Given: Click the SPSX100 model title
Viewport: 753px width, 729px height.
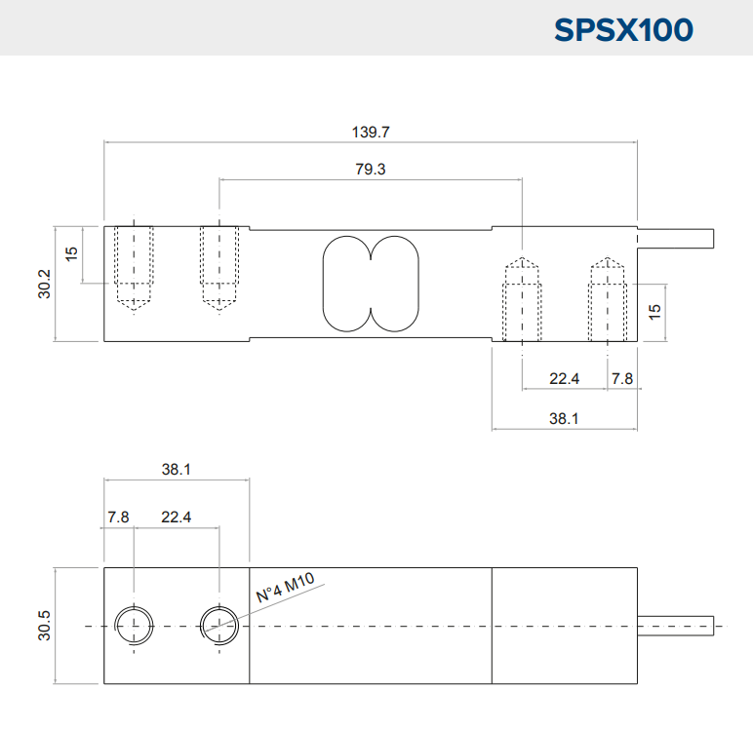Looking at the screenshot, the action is point(623,30).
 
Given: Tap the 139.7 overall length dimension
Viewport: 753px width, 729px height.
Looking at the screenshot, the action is point(371,132).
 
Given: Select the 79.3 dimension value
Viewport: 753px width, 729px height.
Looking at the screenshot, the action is point(371,169).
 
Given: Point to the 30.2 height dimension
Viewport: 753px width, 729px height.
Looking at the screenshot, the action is point(44,284).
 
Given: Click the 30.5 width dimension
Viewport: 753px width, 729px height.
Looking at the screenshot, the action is point(44,626).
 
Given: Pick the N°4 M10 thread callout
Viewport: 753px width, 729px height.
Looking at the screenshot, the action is point(285,587).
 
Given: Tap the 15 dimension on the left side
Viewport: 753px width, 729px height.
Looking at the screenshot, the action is point(71,253).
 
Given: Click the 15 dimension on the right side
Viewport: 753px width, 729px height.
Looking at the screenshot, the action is point(654,312).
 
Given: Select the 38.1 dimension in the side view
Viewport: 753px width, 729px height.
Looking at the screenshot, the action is point(564,418).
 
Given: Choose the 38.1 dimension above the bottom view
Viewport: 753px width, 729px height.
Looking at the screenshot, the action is point(177,469).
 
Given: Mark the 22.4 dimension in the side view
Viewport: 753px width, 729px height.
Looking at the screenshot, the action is point(565,379).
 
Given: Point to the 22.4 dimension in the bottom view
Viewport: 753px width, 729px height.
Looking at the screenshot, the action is point(177,517).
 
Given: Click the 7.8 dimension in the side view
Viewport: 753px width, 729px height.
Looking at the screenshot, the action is point(622,379).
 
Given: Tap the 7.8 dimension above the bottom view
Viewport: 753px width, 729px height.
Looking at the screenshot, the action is point(118,517).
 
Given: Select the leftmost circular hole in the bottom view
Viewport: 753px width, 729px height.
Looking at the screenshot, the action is point(134,607).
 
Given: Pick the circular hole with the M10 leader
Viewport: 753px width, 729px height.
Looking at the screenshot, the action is point(219,607).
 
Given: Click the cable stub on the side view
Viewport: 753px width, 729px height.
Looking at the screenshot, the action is point(676,239).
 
